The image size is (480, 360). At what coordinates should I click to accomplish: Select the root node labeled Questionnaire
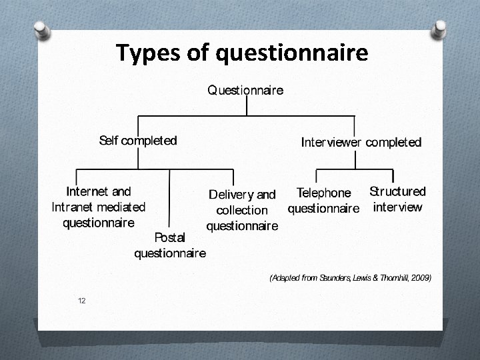[x=245, y=90]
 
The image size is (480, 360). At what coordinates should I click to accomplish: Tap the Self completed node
[x=138, y=141]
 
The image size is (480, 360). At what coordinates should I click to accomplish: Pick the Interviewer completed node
[x=361, y=142]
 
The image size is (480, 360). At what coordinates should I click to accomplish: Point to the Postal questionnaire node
[x=170, y=245]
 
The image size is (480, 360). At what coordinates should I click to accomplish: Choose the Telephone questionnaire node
[x=323, y=201]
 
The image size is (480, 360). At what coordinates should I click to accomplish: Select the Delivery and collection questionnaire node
[x=242, y=210]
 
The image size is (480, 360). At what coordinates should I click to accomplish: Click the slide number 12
[x=81, y=301]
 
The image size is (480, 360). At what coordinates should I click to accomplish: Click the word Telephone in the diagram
[x=323, y=193]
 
